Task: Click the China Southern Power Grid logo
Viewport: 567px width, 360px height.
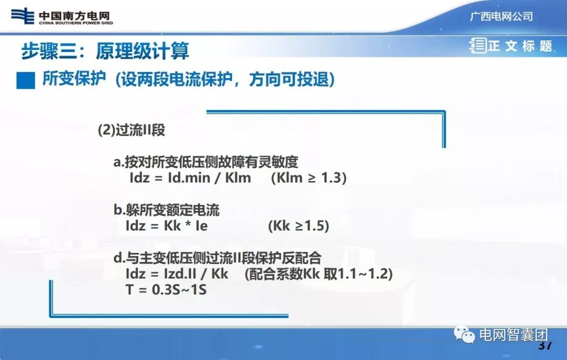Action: click(x=62, y=17)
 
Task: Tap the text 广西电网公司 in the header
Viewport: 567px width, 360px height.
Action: click(x=501, y=16)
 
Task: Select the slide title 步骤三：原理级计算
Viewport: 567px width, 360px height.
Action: click(x=105, y=51)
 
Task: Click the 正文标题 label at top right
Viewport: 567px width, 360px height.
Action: click(x=520, y=46)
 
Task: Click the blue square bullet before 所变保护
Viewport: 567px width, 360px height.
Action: click(x=26, y=80)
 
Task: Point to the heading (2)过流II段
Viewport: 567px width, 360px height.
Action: click(x=131, y=130)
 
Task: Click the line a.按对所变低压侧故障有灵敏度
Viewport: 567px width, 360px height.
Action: click(x=206, y=162)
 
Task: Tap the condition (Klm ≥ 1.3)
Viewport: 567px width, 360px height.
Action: click(x=309, y=177)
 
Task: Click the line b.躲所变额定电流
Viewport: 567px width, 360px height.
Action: click(x=166, y=210)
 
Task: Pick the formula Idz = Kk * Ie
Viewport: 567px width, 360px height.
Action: click(x=166, y=226)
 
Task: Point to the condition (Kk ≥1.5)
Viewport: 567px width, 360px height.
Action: click(x=298, y=226)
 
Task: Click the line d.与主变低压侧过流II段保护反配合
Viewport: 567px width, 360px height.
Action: click(x=217, y=258)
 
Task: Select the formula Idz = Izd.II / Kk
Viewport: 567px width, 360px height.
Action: click(x=177, y=273)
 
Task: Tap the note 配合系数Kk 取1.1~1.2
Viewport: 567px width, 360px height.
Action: click(x=319, y=273)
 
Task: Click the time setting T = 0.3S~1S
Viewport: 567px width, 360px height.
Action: click(x=166, y=289)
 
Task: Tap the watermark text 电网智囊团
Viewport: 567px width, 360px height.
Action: click(x=514, y=335)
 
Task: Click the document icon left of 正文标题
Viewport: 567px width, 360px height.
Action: click(x=478, y=46)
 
